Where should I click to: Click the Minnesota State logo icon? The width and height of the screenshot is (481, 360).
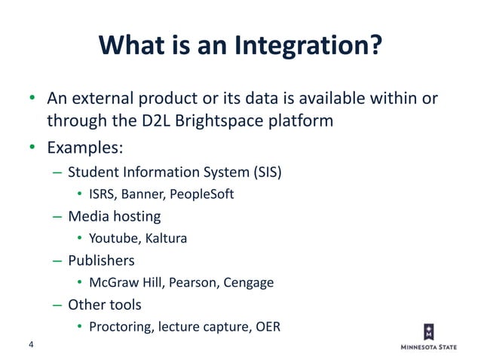coord(429,332)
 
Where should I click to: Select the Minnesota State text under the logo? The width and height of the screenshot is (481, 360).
coord(429,348)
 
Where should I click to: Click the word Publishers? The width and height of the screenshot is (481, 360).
coord(101,261)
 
